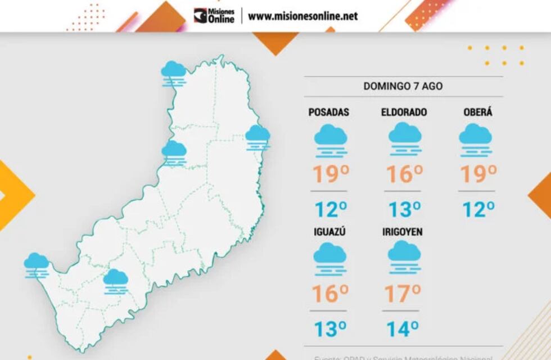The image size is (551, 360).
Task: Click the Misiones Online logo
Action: tap(214, 15)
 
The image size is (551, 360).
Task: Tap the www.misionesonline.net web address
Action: tap(302, 16)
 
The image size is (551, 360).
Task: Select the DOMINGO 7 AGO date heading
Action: tap(403, 87)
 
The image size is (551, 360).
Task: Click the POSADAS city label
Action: tap(329, 112)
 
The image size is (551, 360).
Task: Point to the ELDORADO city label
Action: tap(404, 112)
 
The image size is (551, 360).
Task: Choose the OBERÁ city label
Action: tap(477, 112)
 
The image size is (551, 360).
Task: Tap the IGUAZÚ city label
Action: tap(329, 232)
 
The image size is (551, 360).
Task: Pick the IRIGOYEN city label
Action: tap(402, 232)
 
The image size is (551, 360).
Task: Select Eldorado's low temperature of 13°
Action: tap(404, 209)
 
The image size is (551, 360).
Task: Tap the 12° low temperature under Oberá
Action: tap(478, 209)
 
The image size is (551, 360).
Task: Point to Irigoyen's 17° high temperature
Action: tap(403, 292)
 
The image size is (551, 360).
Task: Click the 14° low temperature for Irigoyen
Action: tap(403, 328)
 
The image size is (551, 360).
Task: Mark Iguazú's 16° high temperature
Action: tap(330, 292)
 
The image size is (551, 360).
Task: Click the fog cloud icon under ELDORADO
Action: tap(405, 139)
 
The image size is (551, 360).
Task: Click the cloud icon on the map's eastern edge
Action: tap(258, 137)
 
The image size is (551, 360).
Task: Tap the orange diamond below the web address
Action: tap(275, 43)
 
